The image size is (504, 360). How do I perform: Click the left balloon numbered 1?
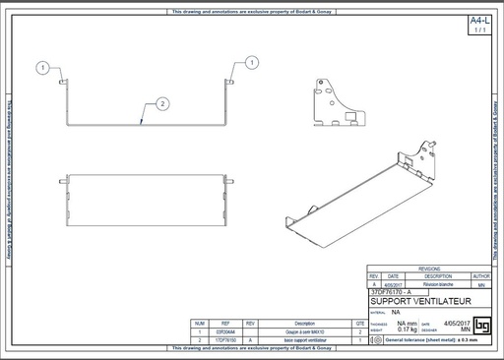click(x=42, y=68)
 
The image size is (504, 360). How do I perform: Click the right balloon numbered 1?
click(x=253, y=63)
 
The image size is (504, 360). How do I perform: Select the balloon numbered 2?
click(x=162, y=102)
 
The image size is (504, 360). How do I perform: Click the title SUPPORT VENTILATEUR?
click(x=420, y=301)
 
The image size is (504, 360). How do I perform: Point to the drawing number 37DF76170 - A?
click(x=393, y=292)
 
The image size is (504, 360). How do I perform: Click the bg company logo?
click(x=481, y=325)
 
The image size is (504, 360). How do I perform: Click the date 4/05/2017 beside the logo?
click(x=451, y=323)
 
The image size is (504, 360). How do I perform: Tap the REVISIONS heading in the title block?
click(x=428, y=268)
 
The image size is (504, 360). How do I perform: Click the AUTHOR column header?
click(x=481, y=276)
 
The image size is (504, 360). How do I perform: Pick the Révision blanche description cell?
click(x=437, y=284)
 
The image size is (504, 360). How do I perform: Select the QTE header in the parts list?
click(x=360, y=323)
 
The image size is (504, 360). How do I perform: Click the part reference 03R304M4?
click(x=224, y=331)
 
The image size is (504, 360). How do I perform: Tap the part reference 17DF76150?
click(x=224, y=339)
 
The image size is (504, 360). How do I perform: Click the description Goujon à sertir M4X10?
click(x=304, y=331)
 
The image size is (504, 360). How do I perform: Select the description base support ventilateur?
click(x=304, y=339)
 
